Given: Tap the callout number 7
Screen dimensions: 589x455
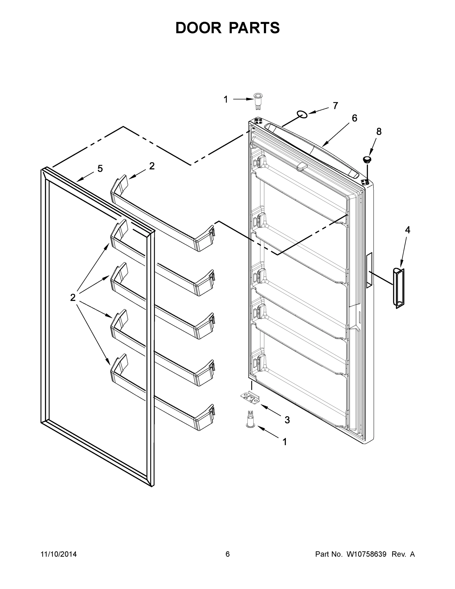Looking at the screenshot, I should (x=335, y=106).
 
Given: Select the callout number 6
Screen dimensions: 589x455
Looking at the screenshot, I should (x=354, y=118).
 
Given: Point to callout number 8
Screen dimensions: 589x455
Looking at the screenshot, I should (x=379, y=132).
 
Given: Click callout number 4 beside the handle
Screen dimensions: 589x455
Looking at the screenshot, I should (x=407, y=230).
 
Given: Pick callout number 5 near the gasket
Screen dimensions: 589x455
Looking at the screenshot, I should (x=100, y=169).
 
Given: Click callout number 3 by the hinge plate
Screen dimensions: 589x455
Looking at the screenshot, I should (x=287, y=420).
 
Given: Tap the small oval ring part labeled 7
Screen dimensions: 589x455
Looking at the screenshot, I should (x=302, y=114).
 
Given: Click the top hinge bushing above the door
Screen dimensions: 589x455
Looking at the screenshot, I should (x=258, y=101).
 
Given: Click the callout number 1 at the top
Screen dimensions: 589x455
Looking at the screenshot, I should (x=226, y=99).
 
